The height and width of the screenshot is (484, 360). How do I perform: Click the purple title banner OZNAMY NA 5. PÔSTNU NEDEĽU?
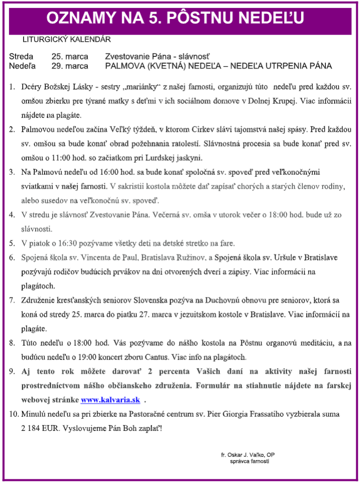175,17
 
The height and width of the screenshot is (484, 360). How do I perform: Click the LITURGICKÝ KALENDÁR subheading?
67,39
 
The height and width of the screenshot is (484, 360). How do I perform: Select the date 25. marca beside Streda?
69,56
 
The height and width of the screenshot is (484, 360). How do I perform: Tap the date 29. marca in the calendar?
69,66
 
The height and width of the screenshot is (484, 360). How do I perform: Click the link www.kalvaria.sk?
110,400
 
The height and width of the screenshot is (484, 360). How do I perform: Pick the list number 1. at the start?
12,86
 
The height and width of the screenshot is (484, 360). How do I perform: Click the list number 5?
12,243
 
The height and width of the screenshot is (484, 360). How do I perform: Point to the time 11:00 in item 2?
64,157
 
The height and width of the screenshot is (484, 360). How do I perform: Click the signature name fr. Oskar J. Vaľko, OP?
248,454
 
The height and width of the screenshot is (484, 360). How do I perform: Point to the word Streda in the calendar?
21,56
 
